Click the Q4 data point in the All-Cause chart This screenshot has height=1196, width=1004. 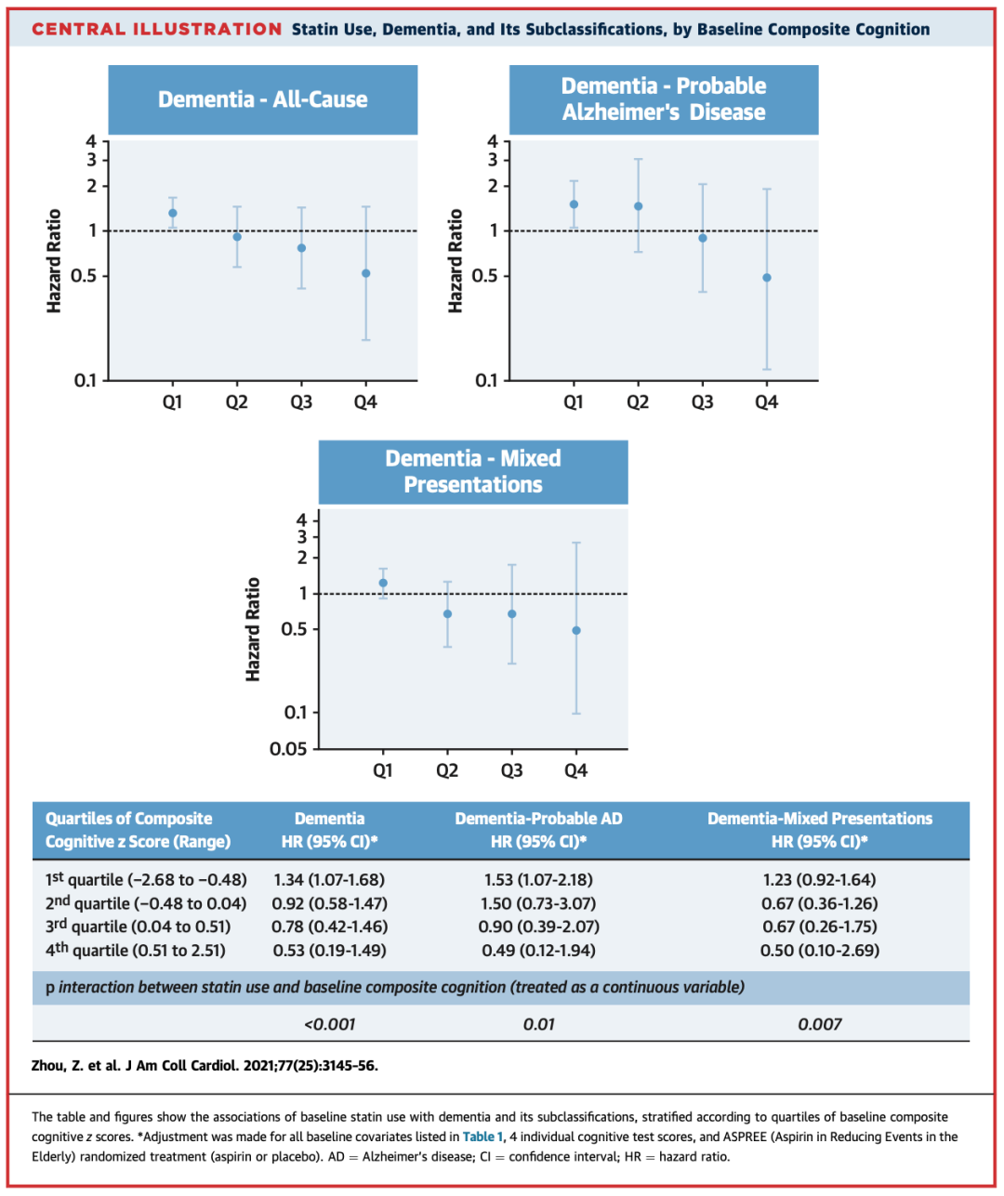366,273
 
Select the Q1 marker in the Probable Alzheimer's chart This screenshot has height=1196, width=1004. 574,204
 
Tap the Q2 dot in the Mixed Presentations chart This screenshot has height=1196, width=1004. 447,614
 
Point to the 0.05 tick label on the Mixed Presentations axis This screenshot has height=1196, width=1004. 288,749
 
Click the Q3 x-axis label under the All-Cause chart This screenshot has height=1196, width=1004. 301,402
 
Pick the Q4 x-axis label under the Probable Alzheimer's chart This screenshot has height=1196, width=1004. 766,402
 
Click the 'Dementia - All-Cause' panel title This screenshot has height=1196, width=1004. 262,99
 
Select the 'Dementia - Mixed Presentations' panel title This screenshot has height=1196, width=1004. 473,471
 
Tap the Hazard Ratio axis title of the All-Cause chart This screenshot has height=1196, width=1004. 54,261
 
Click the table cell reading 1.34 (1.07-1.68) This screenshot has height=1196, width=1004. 329,880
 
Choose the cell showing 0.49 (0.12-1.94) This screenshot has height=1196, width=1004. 538,951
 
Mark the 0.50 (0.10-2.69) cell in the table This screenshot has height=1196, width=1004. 819,951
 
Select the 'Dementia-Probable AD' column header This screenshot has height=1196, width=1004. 538,819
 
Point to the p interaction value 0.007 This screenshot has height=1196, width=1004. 819,1024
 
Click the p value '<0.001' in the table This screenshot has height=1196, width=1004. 329,1024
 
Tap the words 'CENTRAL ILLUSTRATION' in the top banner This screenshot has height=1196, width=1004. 156,29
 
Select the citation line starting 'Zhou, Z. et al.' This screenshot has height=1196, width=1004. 205,1066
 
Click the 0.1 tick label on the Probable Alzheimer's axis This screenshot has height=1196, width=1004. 486,380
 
